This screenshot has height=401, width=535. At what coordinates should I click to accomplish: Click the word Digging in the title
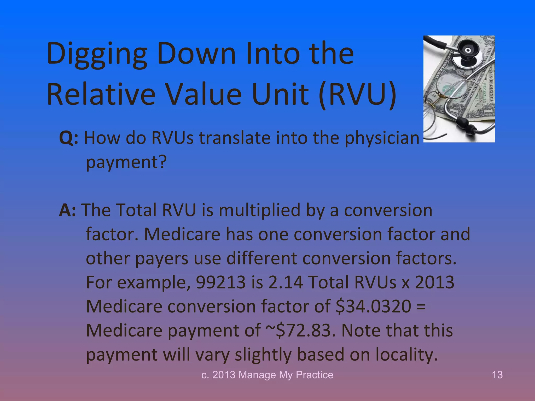coord(97,54)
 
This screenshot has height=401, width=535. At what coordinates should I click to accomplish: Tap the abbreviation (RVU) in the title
coord(358,95)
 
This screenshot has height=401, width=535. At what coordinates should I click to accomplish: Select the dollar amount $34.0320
coord(374,306)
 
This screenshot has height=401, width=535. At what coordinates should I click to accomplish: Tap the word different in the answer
coord(261,258)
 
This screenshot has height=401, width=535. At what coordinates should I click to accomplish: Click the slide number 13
coord(497,375)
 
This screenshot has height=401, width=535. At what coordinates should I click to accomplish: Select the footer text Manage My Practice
coord(286,375)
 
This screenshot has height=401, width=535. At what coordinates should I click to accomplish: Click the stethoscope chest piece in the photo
coord(468,52)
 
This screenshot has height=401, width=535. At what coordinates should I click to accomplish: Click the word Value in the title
coord(204,95)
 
